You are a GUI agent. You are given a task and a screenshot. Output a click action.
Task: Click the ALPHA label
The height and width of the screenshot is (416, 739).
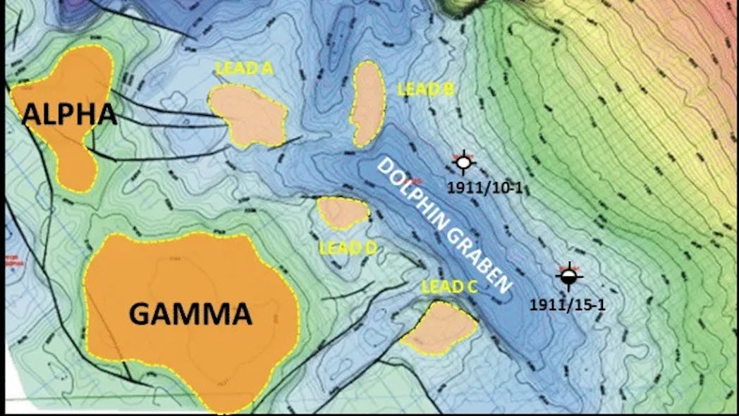click(x=69, y=114)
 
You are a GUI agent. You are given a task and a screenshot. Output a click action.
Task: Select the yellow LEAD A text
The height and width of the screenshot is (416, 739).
click(x=243, y=68)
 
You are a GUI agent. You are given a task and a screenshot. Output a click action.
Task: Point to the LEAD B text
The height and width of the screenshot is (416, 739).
click(x=425, y=90)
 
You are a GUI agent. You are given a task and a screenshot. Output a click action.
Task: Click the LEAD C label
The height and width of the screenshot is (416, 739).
click(x=450, y=286)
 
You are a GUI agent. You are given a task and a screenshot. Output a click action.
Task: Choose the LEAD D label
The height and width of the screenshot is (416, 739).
click(x=348, y=248)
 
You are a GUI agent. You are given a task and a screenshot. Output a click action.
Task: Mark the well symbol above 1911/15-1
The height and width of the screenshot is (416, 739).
click(x=568, y=278)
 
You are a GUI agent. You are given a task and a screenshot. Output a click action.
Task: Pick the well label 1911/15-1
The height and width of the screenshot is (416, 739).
click(x=567, y=305)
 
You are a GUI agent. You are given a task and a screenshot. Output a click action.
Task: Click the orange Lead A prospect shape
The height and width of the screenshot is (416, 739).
click(x=248, y=115)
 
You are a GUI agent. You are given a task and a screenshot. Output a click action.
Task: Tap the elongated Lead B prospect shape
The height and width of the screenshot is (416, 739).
click(x=367, y=104)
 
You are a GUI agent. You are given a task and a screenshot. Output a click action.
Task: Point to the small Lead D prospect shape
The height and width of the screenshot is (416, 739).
click(x=343, y=212)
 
